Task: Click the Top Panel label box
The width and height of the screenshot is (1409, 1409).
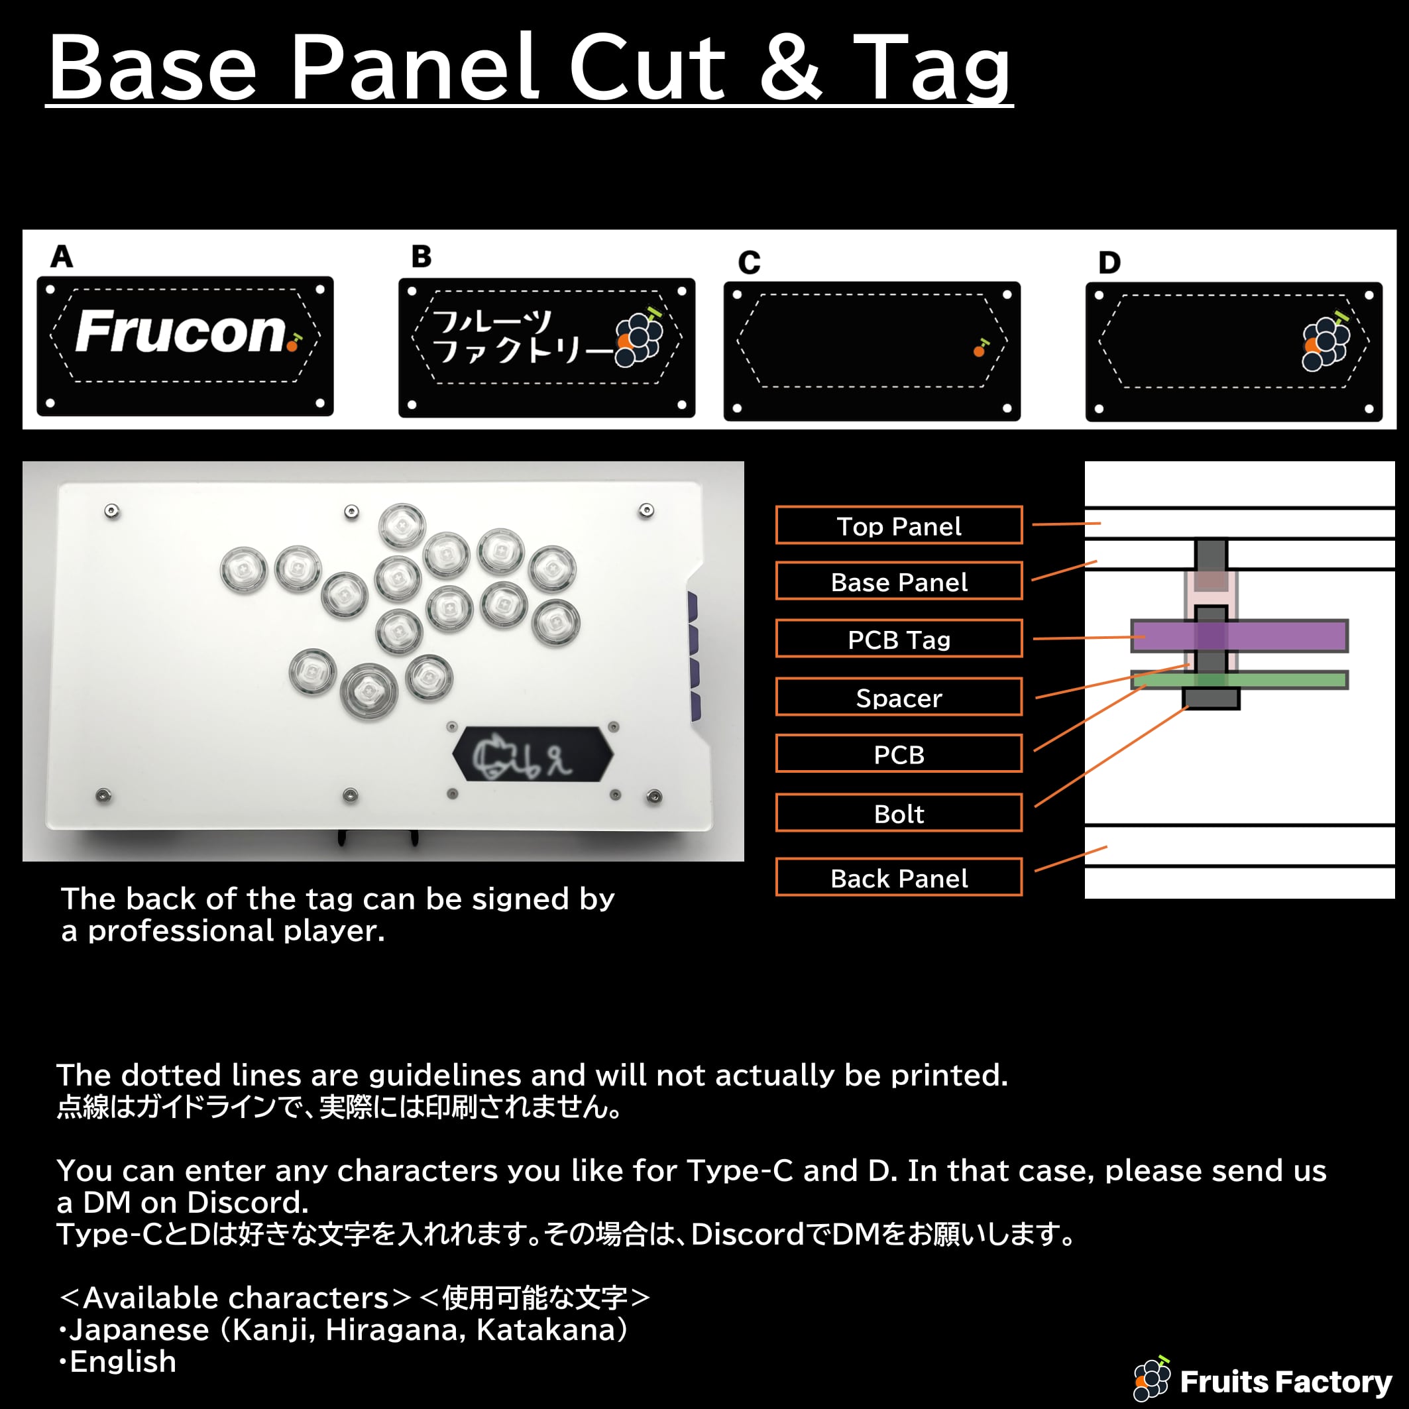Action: coord(899,525)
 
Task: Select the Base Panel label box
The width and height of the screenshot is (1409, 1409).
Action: coord(899,581)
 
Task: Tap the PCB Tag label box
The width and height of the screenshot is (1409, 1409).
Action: coord(899,639)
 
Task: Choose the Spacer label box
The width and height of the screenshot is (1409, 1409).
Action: coord(899,697)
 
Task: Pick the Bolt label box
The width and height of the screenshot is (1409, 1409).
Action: coord(899,813)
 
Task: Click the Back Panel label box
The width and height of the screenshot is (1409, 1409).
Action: coord(899,877)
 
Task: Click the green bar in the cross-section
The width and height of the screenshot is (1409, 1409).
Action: coord(1239,680)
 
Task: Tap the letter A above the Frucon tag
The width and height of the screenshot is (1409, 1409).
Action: coord(62,256)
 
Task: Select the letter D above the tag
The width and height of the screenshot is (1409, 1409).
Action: coord(1109,262)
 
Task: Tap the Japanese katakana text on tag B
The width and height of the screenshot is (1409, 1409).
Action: coord(522,337)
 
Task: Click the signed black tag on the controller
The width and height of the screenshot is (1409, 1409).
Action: coord(533,754)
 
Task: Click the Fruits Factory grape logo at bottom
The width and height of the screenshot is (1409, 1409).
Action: coord(1153,1379)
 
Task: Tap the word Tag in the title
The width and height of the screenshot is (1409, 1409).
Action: coord(932,67)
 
